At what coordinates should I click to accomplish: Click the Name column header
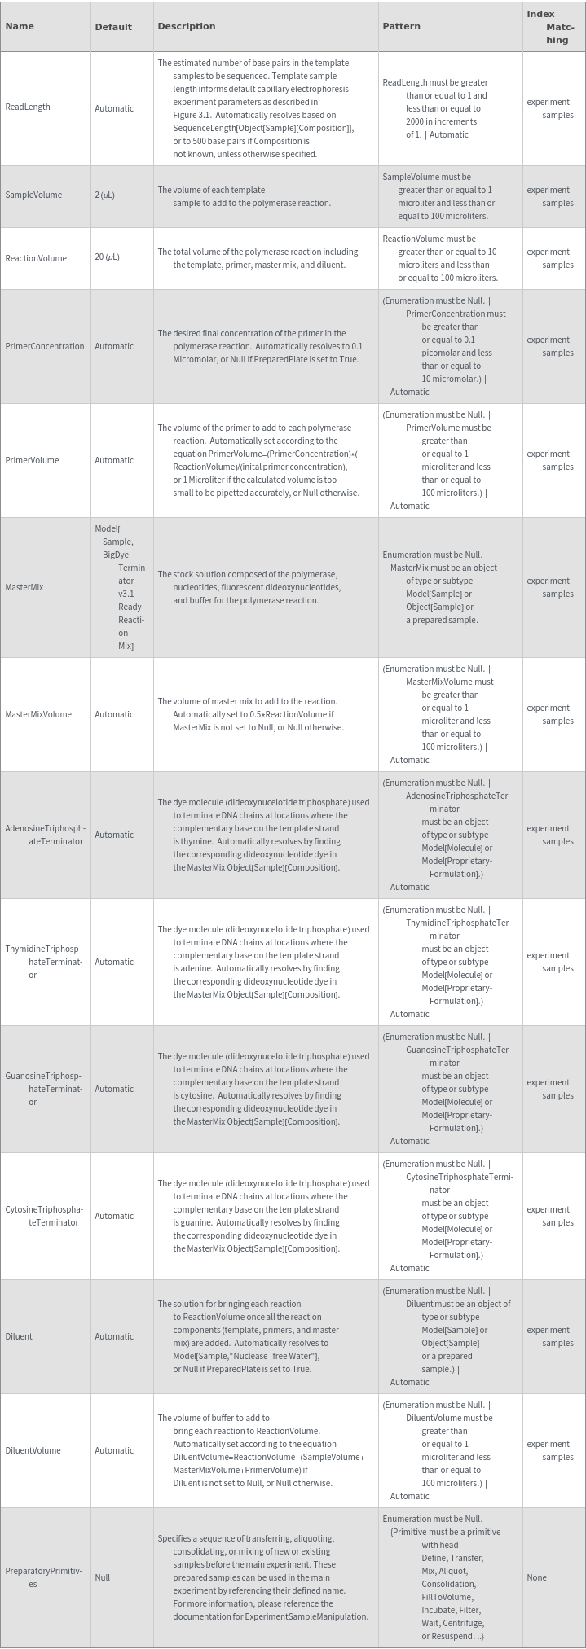tap(20, 26)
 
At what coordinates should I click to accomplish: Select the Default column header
tap(113, 27)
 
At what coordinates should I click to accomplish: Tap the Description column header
tap(187, 26)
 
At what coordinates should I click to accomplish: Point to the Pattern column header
tap(402, 26)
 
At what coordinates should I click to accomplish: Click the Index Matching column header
tap(553, 27)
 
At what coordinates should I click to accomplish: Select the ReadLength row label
tap(28, 107)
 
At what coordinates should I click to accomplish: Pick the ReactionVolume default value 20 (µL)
tap(107, 257)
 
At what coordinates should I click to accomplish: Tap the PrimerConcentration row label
tap(45, 346)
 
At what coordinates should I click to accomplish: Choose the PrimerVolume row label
tap(33, 460)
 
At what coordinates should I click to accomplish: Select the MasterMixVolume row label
tap(38, 714)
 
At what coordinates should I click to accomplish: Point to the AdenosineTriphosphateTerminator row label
tap(45, 835)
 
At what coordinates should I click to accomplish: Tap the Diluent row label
tap(20, 1336)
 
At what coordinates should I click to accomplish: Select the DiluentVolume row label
tap(33, 1450)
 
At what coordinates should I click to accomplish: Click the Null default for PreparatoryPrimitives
tap(103, 1577)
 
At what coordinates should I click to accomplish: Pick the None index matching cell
tap(537, 1577)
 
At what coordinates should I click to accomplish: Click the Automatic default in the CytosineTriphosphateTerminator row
tap(114, 1216)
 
